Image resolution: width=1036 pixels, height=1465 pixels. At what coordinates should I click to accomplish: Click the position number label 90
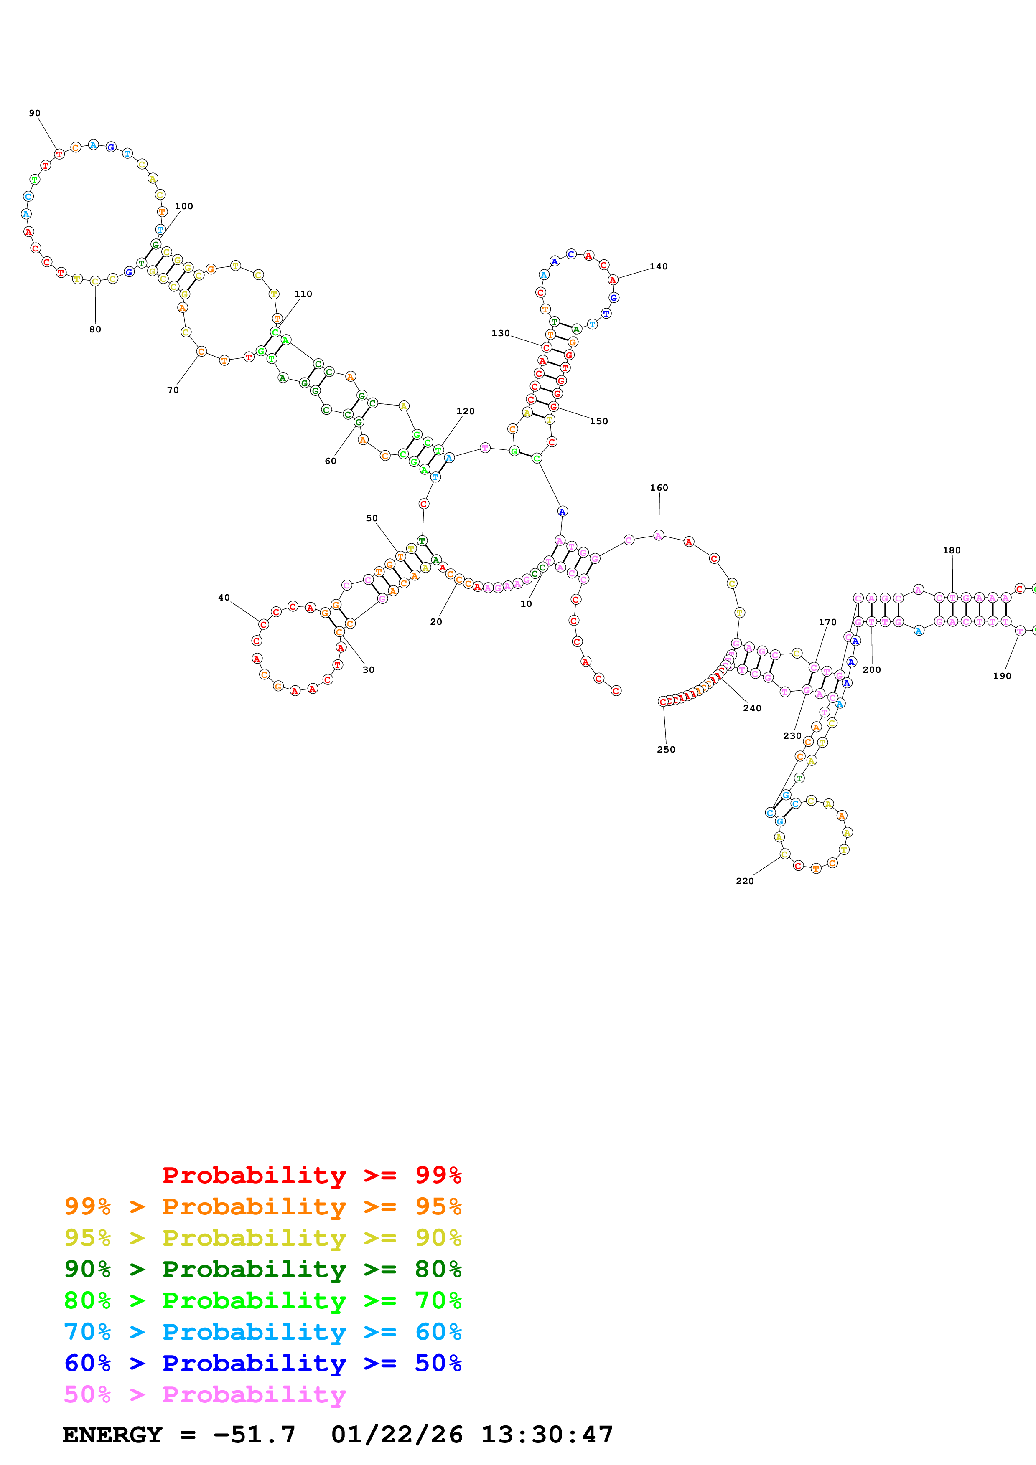[34, 113]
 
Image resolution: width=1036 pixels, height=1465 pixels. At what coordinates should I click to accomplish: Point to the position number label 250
[666, 749]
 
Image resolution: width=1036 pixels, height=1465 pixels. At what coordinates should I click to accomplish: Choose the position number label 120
[465, 411]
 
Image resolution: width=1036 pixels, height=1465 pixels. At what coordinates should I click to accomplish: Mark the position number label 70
[172, 390]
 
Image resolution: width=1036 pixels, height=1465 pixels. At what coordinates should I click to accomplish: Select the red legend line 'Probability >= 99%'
[311, 1175]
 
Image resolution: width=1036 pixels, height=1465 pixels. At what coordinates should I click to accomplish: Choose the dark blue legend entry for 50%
[262, 1363]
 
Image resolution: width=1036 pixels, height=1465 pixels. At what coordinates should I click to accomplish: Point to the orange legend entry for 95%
[262, 1206]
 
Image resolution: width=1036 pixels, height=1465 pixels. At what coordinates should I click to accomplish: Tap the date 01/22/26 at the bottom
[397, 1435]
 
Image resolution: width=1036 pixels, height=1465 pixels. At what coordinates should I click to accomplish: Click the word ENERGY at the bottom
[112, 1435]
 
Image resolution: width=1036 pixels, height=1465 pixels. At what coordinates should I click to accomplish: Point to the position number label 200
[871, 669]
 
